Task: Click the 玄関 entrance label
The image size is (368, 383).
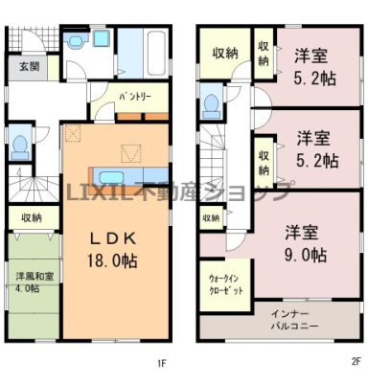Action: pyautogui.click(x=30, y=67)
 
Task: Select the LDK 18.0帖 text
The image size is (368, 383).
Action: pyautogui.click(x=113, y=250)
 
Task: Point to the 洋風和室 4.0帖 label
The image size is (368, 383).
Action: pyautogui.click(x=34, y=282)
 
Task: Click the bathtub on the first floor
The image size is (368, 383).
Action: pyautogui.click(x=157, y=53)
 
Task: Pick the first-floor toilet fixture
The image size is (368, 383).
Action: pyautogui.click(x=19, y=147)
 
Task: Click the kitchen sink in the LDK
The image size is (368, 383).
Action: pyautogui.click(x=111, y=177)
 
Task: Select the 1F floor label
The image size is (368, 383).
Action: pyautogui.click(x=162, y=363)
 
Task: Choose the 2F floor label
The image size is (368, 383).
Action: pyautogui.click(x=356, y=362)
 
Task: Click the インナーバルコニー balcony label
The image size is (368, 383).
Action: pyautogui.click(x=294, y=320)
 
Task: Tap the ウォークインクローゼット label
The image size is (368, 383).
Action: pyautogui.click(x=225, y=284)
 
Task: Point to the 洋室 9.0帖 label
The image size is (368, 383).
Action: pyautogui.click(x=305, y=243)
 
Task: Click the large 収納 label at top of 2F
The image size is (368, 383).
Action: pyautogui.click(x=225, y=53)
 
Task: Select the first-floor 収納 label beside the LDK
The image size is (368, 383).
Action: pyautogui.click(x=32, y=218)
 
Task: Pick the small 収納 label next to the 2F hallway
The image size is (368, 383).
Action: pyautogui.click(x=211, y=218)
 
